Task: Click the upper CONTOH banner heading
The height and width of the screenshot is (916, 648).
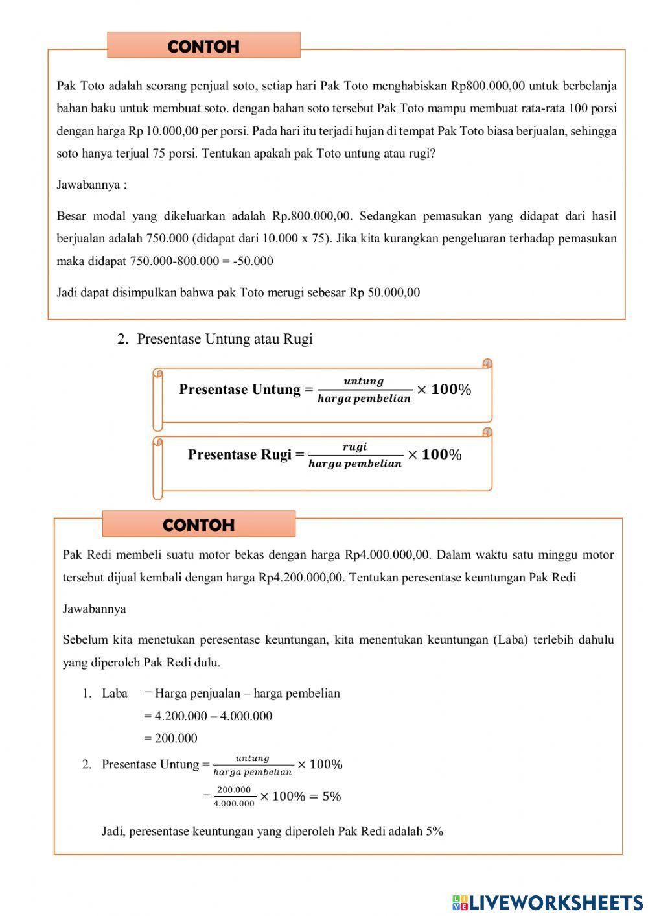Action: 203,47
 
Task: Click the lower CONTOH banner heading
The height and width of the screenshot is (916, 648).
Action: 198,525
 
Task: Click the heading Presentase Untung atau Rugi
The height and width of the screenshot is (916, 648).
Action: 224,339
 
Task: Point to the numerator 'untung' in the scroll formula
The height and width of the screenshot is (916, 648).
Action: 364,381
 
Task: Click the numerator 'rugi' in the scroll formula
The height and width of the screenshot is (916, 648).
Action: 354,447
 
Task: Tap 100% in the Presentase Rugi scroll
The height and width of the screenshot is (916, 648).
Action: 441,454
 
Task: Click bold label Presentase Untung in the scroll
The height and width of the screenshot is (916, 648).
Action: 240,390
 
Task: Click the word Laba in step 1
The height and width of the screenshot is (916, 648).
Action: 115,694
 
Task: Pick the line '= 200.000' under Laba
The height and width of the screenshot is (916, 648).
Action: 170,738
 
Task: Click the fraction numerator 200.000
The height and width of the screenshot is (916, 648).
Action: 234,790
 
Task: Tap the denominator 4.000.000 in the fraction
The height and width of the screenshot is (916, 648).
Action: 234,804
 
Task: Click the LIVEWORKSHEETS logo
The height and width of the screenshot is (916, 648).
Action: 548,902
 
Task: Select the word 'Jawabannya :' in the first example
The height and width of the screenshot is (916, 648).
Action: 91,185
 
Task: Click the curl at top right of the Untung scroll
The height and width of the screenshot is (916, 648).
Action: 487,364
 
